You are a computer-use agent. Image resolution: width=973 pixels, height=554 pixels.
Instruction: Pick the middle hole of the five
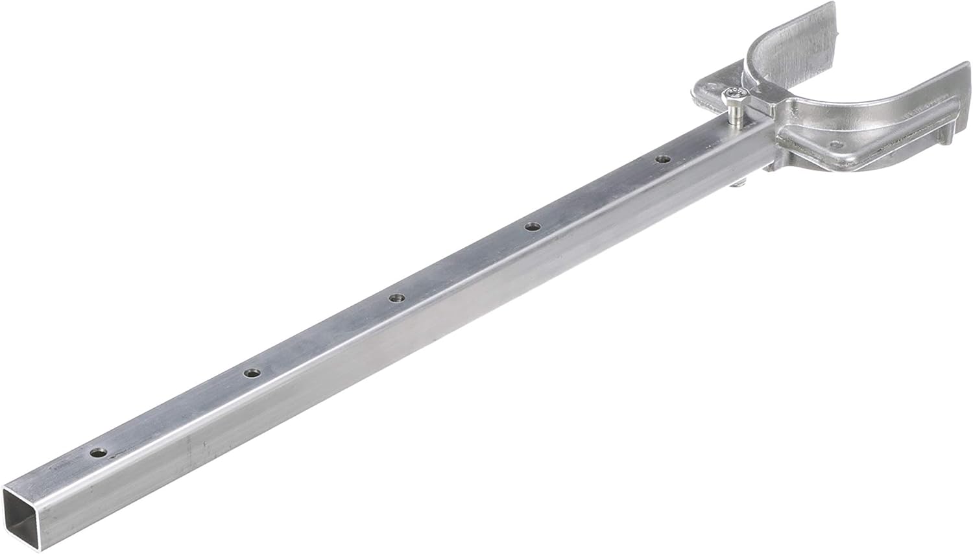coord(396,298)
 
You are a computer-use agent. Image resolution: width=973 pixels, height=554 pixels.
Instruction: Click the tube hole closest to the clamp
coord(662,158)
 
